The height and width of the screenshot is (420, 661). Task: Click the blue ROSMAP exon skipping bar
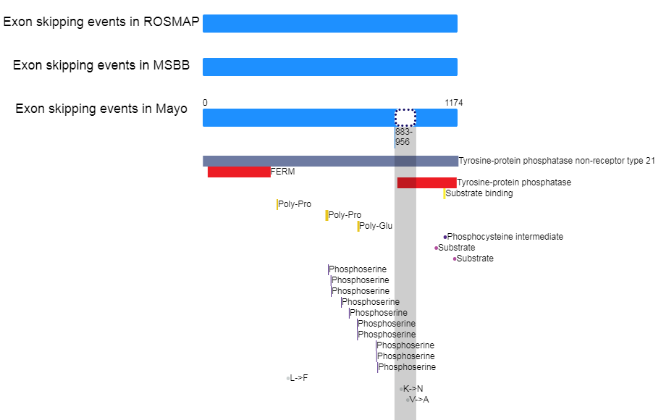(x=329, y=23)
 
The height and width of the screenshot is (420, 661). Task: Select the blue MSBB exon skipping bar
(x=329, y=67)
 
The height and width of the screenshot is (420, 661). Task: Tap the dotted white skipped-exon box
(x=405, y=117)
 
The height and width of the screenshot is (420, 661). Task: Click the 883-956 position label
(x=403, y=137)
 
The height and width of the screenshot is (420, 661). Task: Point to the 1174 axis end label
(x=454, y=103)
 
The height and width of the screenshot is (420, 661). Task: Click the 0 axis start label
(x=205, y=103)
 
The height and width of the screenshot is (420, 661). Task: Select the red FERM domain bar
(x=238, y=172)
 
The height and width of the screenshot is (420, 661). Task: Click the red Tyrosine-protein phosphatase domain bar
(x=426, y=182)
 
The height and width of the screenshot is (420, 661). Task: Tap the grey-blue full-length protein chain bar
(x=330, y=161)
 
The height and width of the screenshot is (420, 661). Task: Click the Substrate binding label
(x=479, y=193)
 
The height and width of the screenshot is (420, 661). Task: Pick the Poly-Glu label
(x=376, y=226)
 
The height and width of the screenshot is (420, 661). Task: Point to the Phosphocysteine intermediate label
(x=505, y=237)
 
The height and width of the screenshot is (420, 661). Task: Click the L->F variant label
(x=299, y=378)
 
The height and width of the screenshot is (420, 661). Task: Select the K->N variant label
(x=413, y=389)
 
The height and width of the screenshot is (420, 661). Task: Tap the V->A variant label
(x=419, y=400)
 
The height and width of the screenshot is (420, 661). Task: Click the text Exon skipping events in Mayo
(x=101, y=109)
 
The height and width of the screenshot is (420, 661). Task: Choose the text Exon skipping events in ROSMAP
(x=101, y=22)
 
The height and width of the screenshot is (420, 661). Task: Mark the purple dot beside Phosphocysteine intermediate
(x=445, y=237)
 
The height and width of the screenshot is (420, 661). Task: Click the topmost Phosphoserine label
(x=358, y=269)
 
